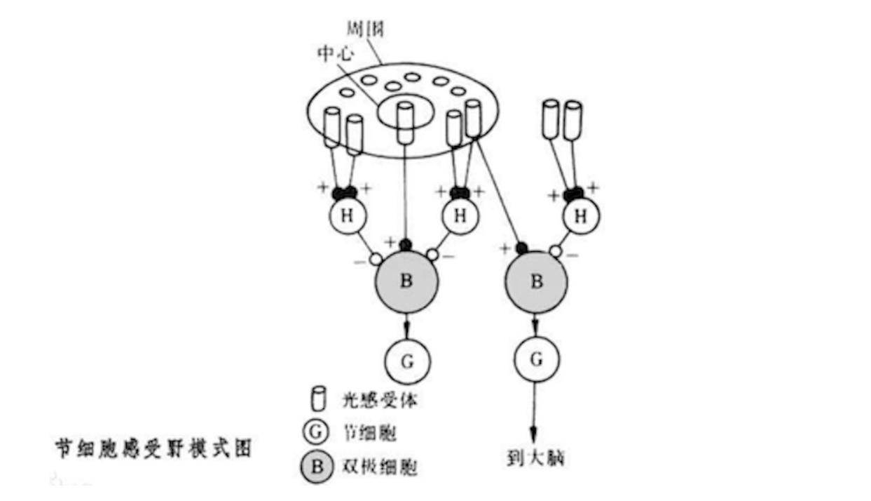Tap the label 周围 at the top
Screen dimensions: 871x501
point(365,29)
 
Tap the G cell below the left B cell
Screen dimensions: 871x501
point(407,361)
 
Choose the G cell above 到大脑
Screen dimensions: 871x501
point(537,360)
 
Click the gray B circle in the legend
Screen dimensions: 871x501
point(319,465)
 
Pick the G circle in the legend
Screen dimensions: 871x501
point(319,433)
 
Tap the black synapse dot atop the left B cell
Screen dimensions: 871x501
point(404,245)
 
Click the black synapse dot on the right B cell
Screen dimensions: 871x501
point(520,248)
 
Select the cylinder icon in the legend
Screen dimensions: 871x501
point(319,399)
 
